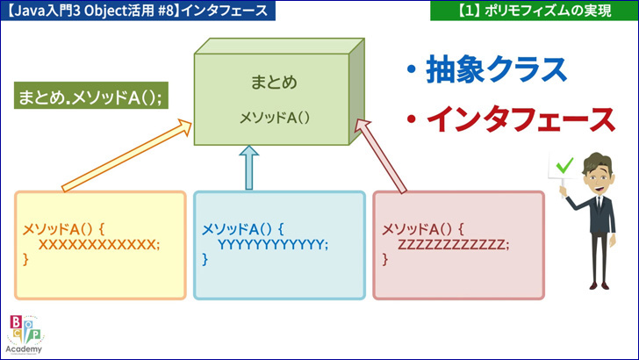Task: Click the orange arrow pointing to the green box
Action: [x=126, y=155]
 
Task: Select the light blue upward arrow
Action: [x=249, y=168]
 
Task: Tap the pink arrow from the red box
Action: [x=380, y=155]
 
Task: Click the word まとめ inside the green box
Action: [x=274, y=83]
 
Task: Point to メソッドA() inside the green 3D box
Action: [x=274, y=118]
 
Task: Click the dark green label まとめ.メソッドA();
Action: [x=91, y=96]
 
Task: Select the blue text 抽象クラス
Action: [x=496, y=69]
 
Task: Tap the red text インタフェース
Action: [x=521, y=119]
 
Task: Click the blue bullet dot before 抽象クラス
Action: [x=412, y=69]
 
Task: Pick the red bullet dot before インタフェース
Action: [x=412, y=119]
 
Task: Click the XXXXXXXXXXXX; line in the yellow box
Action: [x=99, y=245]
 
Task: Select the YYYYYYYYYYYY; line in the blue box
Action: [x=273, y=245]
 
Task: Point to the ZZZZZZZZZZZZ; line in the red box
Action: [x=453, y=245]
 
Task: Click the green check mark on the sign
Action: [x=564, y=165]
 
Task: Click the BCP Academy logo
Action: [x=25, y=335]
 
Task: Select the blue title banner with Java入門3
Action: [x=138, y=11]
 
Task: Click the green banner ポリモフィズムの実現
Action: [x=535, y=11]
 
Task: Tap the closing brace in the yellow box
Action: [x=25, y=259]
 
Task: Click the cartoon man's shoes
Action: [x=600, y=285]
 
